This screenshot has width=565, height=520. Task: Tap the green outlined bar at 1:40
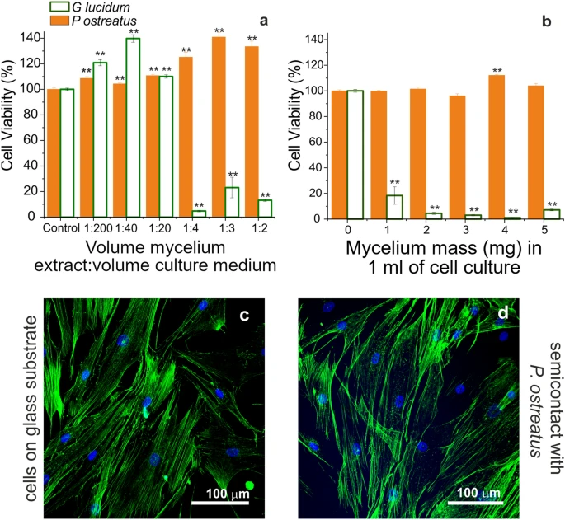coord(133,127)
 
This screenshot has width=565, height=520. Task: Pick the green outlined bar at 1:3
coord(232,202)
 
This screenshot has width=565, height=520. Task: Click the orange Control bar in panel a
coord(53,152)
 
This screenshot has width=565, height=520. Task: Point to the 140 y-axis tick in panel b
coord(312,39)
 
